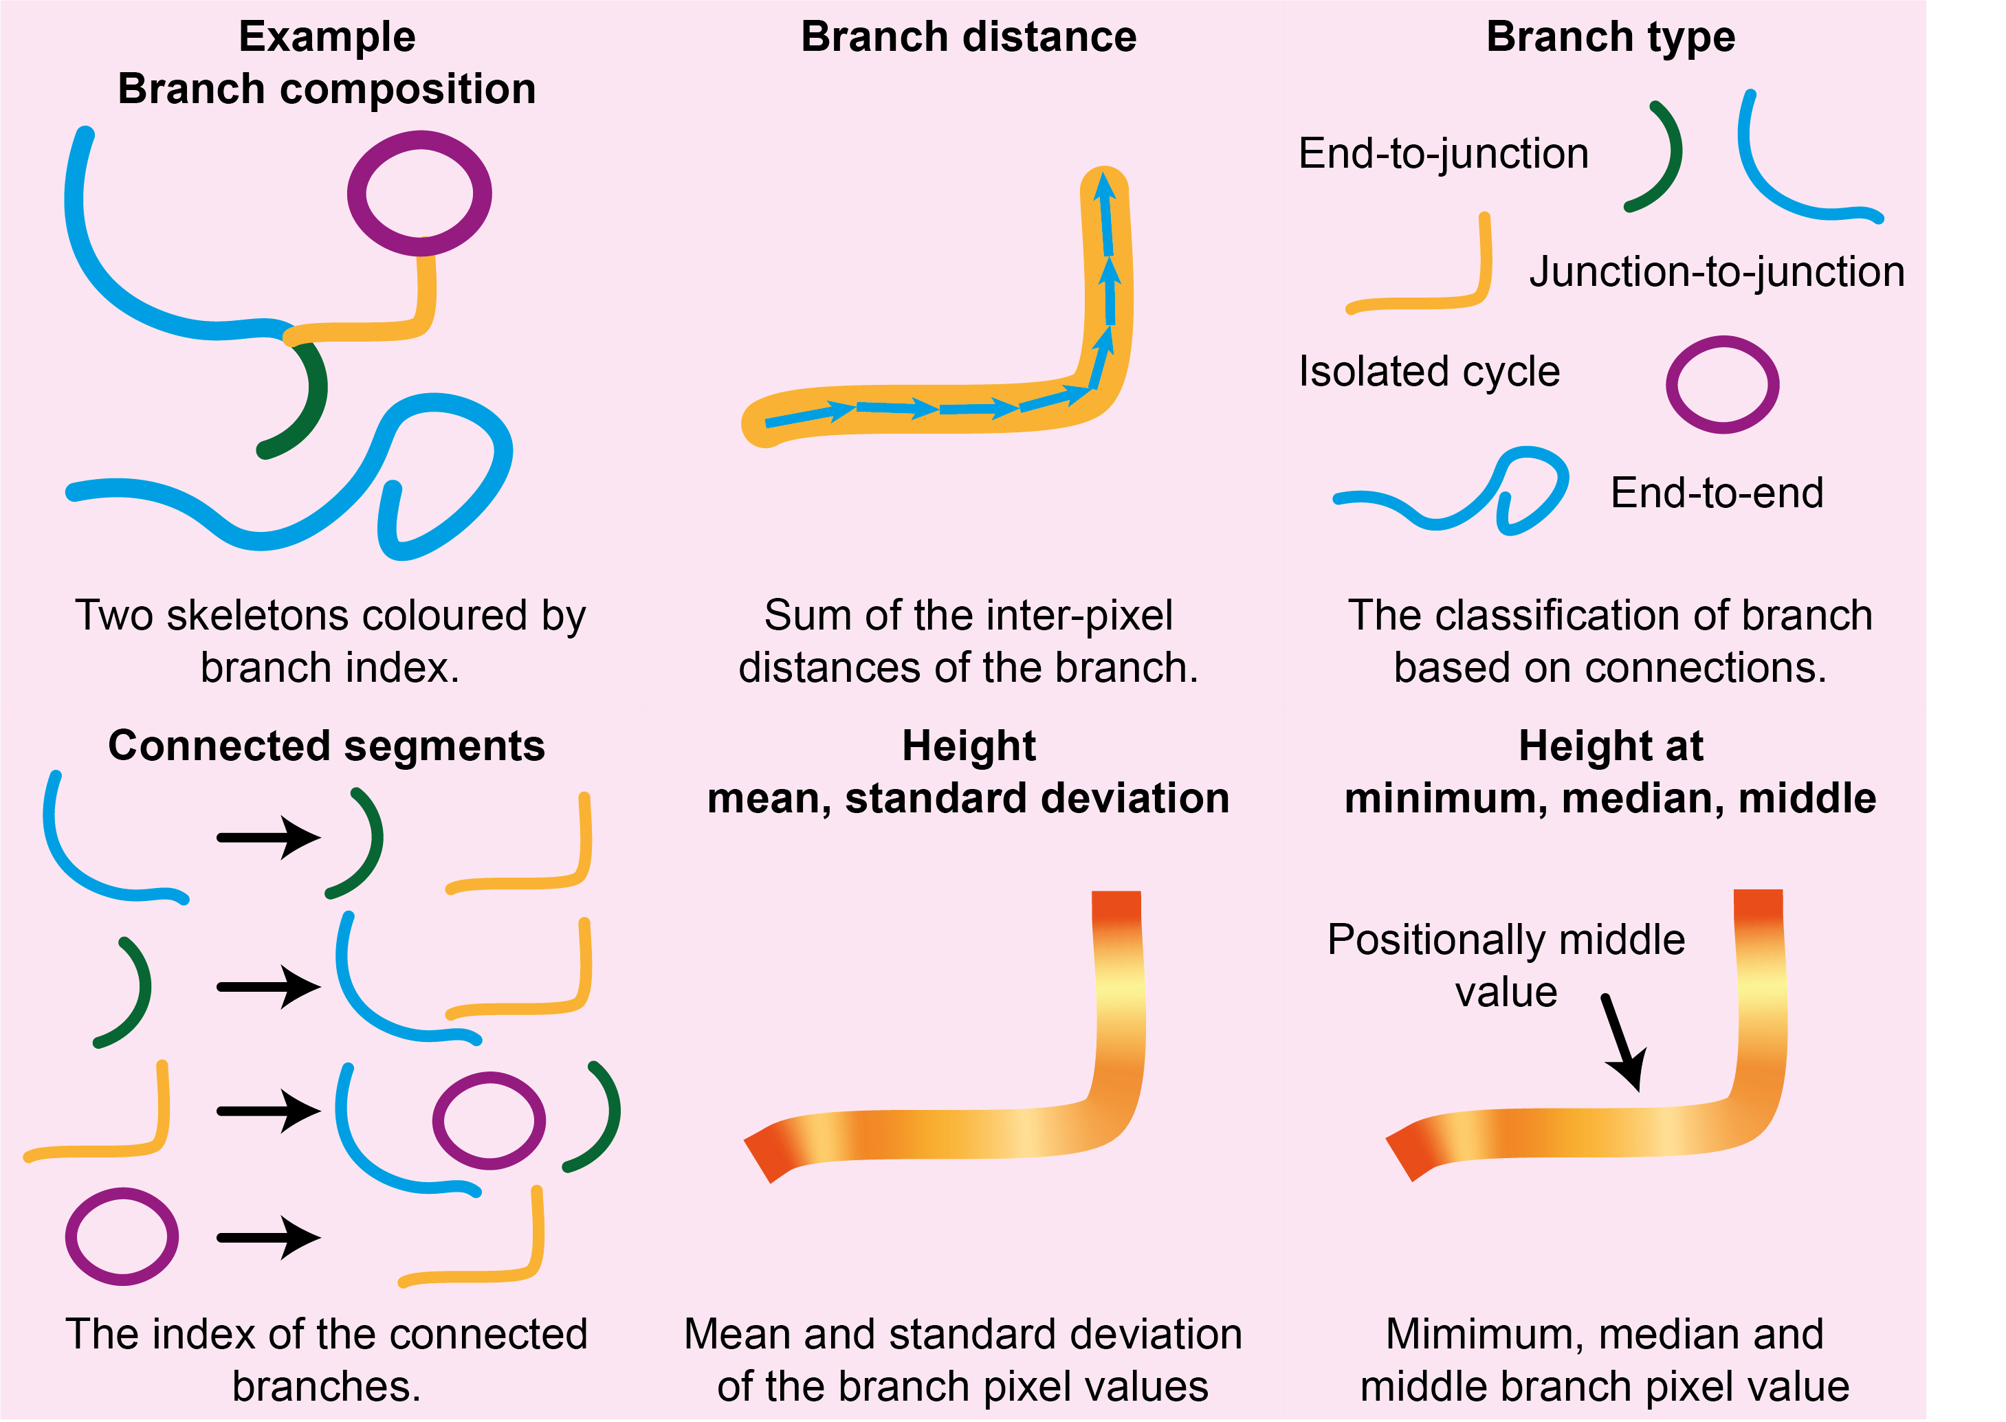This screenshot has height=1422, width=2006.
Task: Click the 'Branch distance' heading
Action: point(969,38)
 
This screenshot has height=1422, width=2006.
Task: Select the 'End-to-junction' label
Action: point(1442,154)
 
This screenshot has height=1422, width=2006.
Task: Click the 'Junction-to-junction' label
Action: point(1716,272)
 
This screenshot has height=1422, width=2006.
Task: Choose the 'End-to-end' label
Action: point(1716,493)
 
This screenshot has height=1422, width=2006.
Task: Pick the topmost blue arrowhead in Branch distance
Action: point(1104,186)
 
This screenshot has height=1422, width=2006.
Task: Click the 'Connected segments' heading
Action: point(326,746)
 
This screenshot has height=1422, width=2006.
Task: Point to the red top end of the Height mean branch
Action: point(1116,907)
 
